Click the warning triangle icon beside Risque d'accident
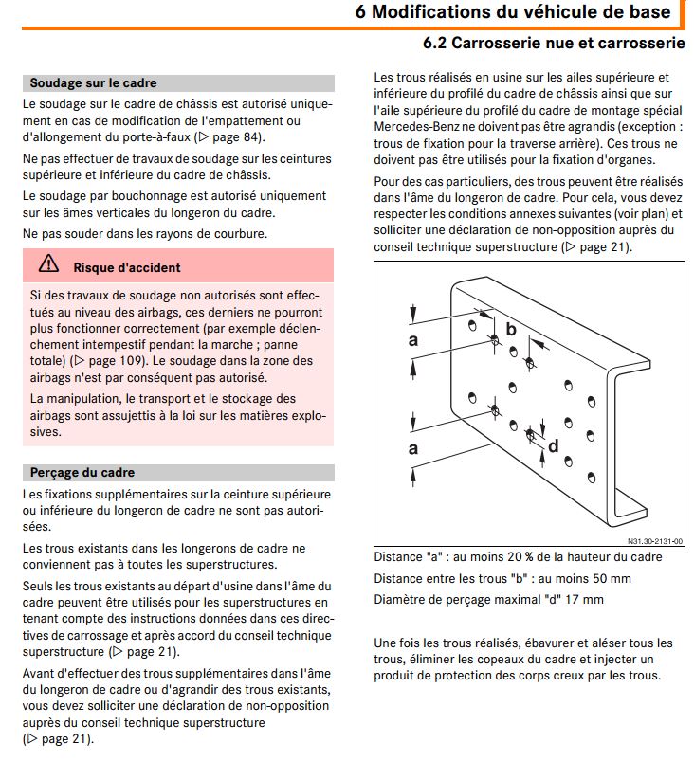point(47,266)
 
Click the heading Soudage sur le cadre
point(93,82)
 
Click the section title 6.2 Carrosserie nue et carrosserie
point(554,44)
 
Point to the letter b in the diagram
point(511,329)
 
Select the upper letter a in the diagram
point(413,339)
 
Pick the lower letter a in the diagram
point(413,448)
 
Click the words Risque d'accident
point(127,267)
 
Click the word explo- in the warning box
point(305,415)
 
